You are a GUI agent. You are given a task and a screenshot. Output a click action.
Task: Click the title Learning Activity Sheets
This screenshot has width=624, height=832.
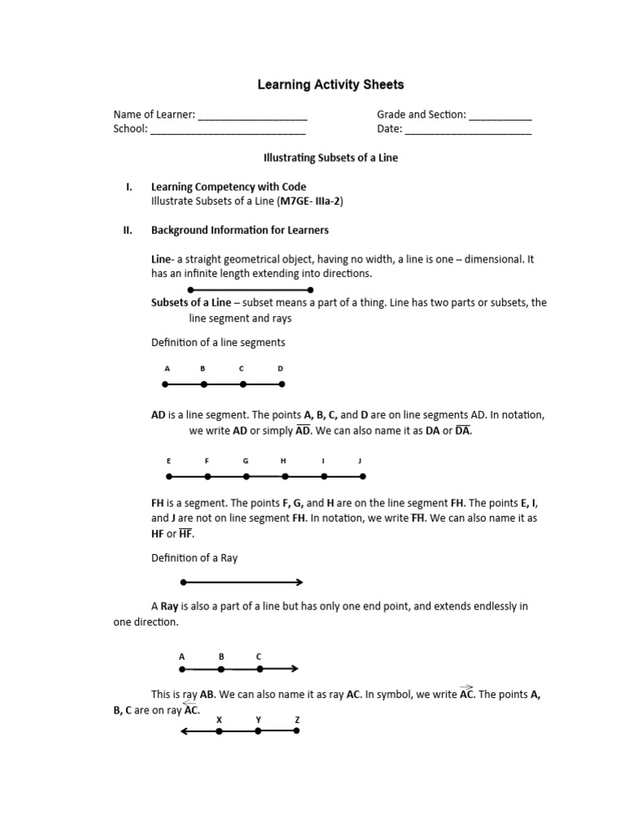tap(330, 84)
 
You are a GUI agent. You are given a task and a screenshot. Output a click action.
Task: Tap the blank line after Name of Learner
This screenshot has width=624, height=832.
tap(253, 115)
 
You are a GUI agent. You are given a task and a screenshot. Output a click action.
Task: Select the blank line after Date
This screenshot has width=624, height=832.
tap(468, 129)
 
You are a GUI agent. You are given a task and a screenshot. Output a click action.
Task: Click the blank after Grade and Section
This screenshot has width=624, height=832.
tap(500, 115)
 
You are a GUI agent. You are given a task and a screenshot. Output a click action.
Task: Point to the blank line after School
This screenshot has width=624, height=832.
tap(228, 129)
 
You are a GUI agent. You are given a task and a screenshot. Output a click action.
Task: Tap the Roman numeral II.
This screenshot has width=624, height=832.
tap(127, 230)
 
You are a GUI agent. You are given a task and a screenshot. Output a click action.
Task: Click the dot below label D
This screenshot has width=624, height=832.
tap(281, 384)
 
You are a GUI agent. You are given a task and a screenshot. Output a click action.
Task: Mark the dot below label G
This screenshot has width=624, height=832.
tap(245, 477)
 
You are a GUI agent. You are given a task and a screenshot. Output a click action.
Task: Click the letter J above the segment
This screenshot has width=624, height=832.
tap(360, 461)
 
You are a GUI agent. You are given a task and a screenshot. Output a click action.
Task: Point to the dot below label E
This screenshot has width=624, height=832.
tap(169, 477)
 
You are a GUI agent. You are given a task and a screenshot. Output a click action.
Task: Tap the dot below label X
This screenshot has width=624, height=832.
tap(219, 731)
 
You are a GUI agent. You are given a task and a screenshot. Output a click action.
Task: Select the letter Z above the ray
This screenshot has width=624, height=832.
tap(297, 720)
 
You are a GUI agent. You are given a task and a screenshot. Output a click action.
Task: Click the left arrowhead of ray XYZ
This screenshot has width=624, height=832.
tap(183, 731)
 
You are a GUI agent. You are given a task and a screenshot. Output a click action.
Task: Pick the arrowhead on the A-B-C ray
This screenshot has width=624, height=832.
tap(295, 669)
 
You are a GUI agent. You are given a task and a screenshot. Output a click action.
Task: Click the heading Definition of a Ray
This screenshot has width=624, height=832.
tap(194, 557)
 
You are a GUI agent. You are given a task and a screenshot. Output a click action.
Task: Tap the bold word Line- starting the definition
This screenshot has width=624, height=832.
tap(162, 259)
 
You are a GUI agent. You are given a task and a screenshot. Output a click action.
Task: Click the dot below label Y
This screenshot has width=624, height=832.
tap(258, 731)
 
